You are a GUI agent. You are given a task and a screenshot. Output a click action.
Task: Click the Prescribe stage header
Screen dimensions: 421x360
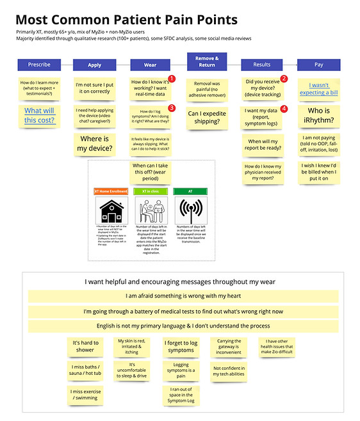pos(40,65)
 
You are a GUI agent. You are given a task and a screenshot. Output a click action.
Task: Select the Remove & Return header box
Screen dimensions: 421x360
pos(206,61)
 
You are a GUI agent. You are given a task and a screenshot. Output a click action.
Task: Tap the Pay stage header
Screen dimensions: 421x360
pos(318,65)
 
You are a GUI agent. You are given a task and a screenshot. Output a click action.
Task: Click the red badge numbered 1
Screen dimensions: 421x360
pos(171,79)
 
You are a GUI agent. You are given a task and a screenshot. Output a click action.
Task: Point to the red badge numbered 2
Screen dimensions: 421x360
pos(284,79)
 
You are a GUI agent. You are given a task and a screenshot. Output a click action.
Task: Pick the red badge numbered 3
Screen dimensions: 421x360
pos(171,108)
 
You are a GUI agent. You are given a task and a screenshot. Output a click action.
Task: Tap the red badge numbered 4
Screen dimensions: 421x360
pos(284,109)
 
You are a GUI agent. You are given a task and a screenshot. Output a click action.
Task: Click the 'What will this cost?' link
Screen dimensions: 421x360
pos(40,115)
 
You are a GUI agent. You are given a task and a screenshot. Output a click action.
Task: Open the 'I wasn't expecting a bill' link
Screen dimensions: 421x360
pos(323,89)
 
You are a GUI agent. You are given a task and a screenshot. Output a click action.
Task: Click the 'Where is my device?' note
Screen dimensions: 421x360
pos(95,144)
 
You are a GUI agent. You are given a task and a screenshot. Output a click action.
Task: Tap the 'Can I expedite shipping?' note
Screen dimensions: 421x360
pos(206,117)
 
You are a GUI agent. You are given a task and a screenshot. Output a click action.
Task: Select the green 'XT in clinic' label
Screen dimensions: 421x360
pos(151,191)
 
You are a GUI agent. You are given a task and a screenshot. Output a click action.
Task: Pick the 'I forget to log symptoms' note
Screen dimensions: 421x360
pos(181,346)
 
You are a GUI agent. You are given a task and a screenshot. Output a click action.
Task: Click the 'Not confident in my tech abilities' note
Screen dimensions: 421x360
pos(229,372)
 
